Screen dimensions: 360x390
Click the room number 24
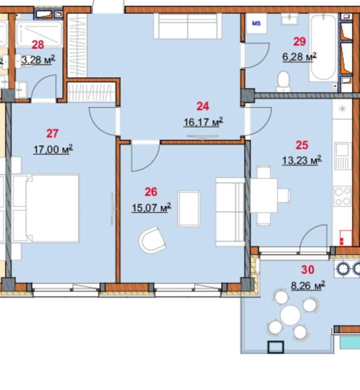pyautogui.click(x=203, y=107)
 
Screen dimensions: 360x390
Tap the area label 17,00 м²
pyautogui.click(x=53, y=149)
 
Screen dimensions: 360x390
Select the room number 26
pyautogui.click(x=151, y=192)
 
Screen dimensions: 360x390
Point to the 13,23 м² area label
pyautogui.click(x=302, y=160)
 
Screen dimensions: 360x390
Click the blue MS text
pyautogui.click(x=256, y=23)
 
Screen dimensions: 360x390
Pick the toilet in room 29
pyautogui.click(x=283, y=81)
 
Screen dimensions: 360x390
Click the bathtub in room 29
pyautogui.click(x=323, y=47)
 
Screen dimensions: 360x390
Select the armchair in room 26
pyautogui.click(x=152, y=240)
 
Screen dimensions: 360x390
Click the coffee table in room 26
pyautogui.click(x=189, y=209)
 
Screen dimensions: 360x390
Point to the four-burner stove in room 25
pyautogui.click(x=343, y=197)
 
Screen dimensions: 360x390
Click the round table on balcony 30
pyautogui.click(x=290, y=315)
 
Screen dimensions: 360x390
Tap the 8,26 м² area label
pyautogui.click(x=308, y=286)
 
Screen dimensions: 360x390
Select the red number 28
pyautogui.click(x=38, y=45)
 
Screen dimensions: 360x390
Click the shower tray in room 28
pyautogui.click(x=39, y=34)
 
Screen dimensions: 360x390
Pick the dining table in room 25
pyautogui.click(x=264, y=195)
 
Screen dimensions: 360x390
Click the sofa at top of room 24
pyautogui.click(x=188, y=26)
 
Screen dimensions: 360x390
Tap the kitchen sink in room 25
pyautogui.click(x=343, y=156)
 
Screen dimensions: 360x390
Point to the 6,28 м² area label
pyautogui.click(x=299, y=57)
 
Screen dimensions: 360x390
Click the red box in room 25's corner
pyautogui.click(x=346, y=238)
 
